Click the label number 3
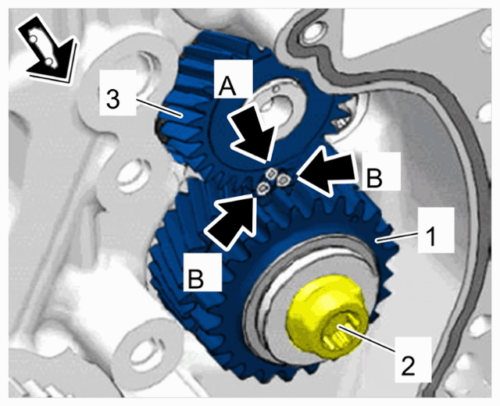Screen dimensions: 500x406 [x=112, y=99]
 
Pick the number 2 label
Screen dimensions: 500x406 [x=408, y=365]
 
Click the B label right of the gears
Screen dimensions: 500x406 [x=374, y=178]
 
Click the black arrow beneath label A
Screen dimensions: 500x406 [x=253, y=134]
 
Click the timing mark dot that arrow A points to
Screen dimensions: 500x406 [x=271, y=173]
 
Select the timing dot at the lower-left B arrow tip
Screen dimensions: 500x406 [x=263, y=189]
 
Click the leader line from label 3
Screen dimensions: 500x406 [x=159, y=108]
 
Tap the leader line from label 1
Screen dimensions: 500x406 [x=397, y=237]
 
